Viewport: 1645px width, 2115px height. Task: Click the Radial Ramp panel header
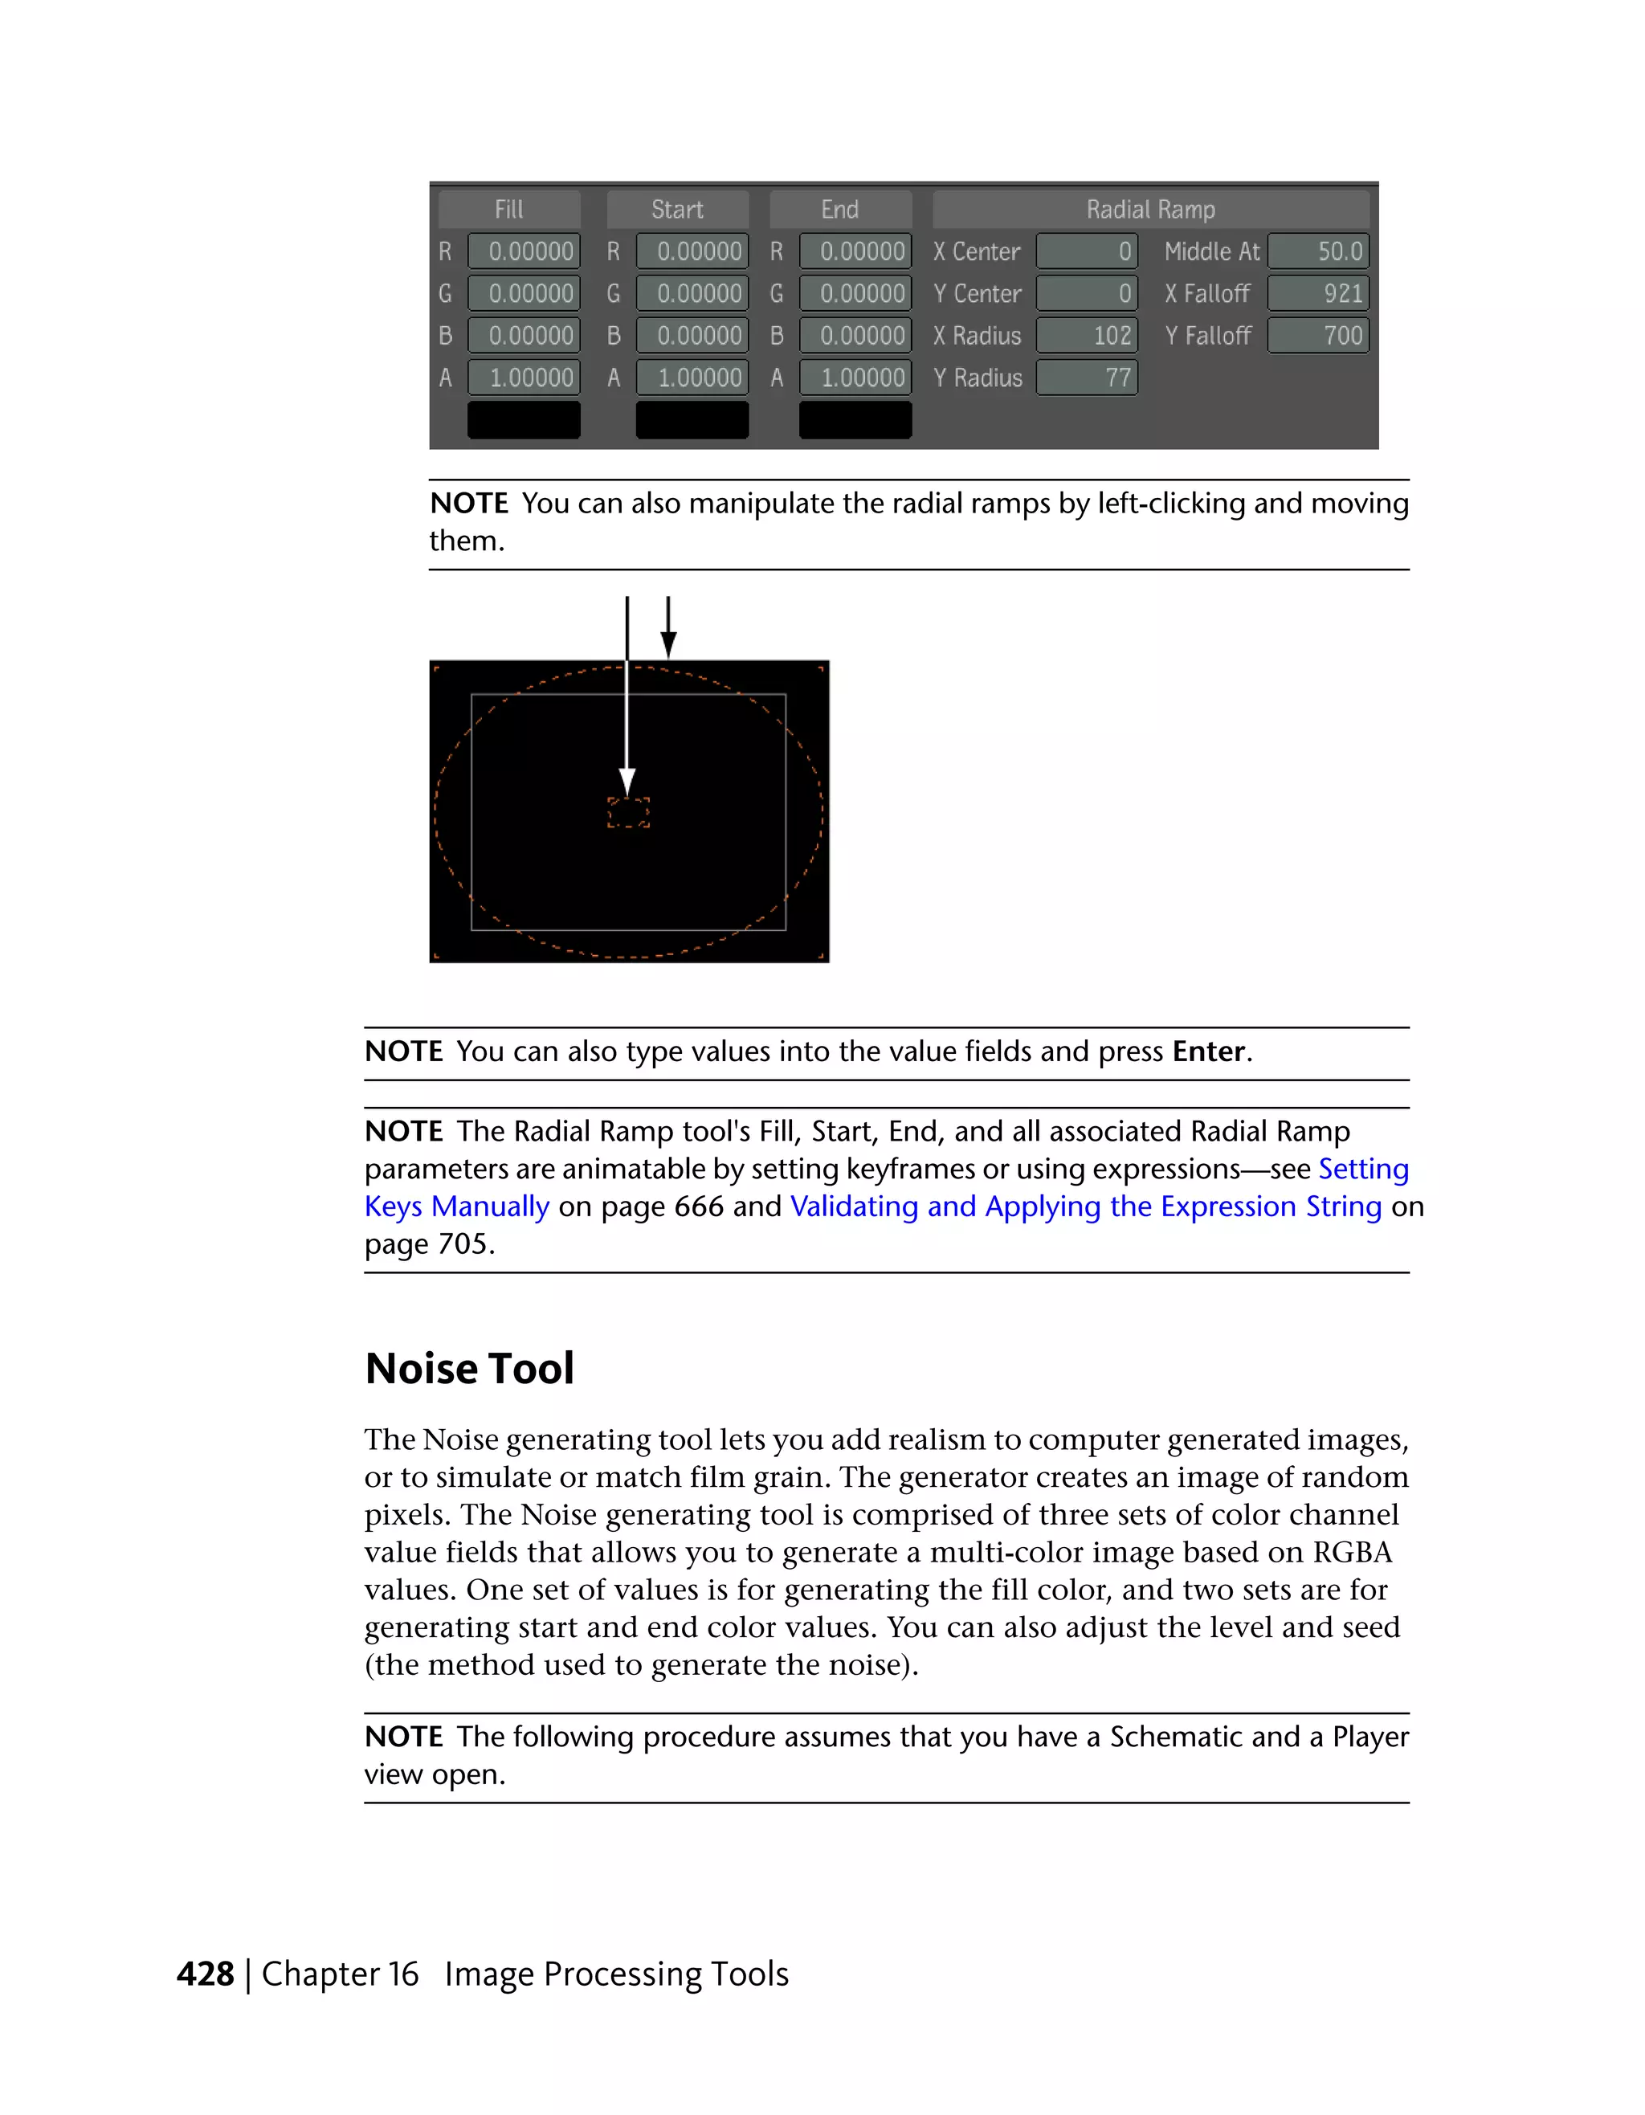[x=1150, y=209]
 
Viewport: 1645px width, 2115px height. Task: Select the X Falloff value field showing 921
[x=1318, y=293]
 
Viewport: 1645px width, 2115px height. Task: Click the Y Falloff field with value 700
[x=1318, y=336]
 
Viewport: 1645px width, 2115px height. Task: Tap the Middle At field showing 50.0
[x=1318, y=251]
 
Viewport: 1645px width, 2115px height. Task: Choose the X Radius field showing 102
[x=1086, y=336]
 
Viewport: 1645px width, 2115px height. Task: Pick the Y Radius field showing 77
[x=1086, y=378]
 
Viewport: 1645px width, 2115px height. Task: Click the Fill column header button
[x=509, y=209]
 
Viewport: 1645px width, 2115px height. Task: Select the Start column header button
[x=678, y=209]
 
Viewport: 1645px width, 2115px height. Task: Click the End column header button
[x=840, y=209]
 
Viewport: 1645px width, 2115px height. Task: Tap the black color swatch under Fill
[x=524, y=420]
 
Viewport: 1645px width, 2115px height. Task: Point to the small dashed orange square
[x=628, y=812]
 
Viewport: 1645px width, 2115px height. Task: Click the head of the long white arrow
[x=627, y=782]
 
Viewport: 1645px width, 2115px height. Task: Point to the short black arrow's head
[x=668, y=644]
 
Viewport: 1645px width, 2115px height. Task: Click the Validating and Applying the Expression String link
[x=1085, y=1207]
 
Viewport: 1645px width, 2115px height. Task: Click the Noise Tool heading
[x=470, y=1368]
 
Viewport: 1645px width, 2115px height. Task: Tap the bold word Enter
[x=1208, y=1051]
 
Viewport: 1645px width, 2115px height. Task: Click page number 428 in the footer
[x=206, y=1974]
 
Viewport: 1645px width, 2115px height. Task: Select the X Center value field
[x=1086, y=251]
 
